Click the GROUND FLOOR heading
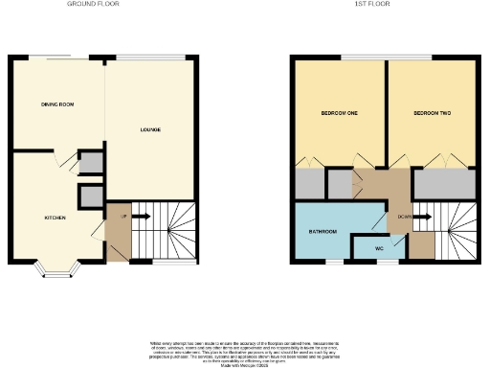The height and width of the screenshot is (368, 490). [86, 4]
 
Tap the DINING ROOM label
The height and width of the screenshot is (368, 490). [57, 103]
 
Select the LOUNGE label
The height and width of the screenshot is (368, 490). [150, 129]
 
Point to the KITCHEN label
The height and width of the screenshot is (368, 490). [55, 218]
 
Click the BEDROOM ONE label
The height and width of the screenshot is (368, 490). [339, 114]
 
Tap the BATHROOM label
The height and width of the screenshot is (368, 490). [322, 231]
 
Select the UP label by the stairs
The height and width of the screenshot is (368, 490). [123, 217]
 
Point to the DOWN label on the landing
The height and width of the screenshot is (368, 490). [406, 218]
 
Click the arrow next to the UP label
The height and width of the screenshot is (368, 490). [141, 217]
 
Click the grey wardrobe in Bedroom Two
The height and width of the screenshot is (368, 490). [443, 182]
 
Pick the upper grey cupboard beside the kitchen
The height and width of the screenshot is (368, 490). [91, 163]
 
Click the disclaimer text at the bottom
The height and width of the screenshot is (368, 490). [245, 350]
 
